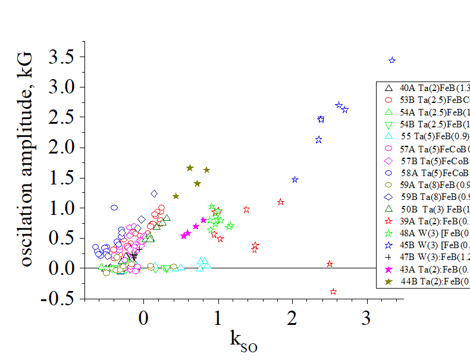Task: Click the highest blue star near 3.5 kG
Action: coord(392,60)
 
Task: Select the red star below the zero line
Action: coord(333,292)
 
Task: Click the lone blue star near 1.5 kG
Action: coord(295,180)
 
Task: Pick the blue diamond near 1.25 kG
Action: coord(154,193)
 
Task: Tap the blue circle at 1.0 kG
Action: coord(114,208)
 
